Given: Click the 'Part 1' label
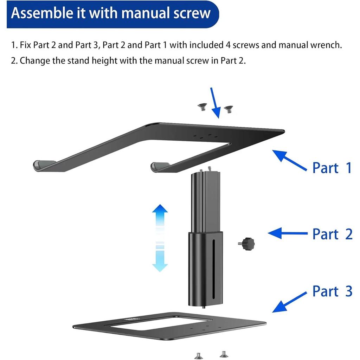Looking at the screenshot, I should point(332,168).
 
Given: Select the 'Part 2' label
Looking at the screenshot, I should point(332,234).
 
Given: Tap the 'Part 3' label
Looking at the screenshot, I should point(332,291).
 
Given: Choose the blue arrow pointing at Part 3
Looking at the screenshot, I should point(290,301).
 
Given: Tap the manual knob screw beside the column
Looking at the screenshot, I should point(247,243).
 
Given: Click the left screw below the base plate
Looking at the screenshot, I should point(198,355).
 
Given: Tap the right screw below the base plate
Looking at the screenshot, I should point(223,354).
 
